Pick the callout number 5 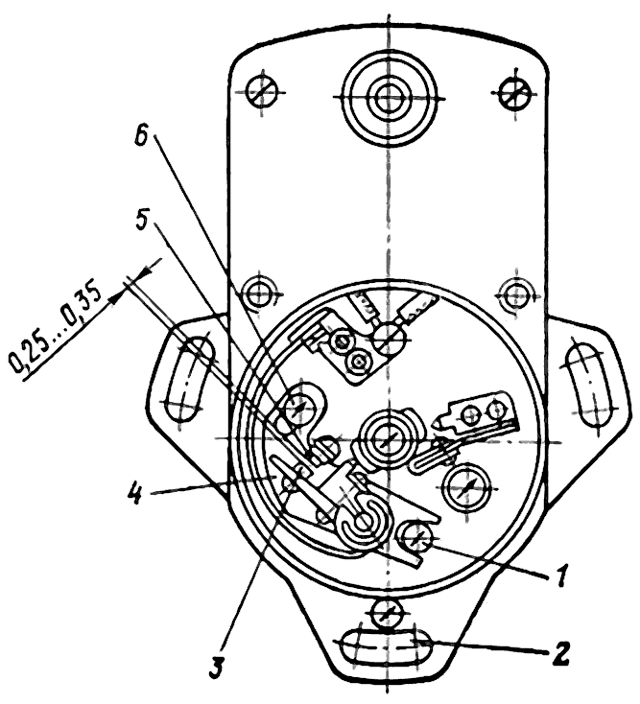[x=141, y=218]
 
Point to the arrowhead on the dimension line [x=118, y=296]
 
